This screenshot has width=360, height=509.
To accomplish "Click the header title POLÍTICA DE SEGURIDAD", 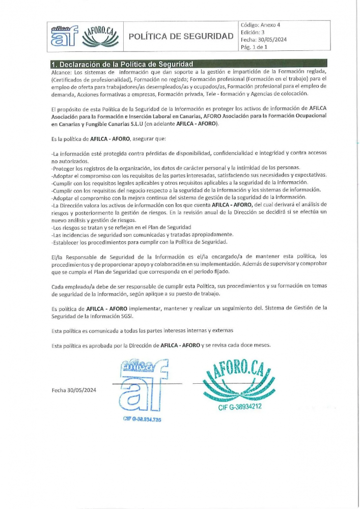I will [x=181, y=36].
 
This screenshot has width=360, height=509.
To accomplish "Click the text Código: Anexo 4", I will [x=260, y=24].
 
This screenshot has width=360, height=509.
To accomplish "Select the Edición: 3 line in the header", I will [x=253, y=32].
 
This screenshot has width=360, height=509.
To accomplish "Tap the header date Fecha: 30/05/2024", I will [x=263, y=40].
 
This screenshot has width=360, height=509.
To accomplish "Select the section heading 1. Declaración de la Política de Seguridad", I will [x=122, y=64].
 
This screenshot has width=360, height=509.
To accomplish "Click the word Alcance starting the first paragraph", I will [x=62, y=72].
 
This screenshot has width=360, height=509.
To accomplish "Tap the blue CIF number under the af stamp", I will [x=142, y=419].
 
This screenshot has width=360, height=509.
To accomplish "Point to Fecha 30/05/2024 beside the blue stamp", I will [x=74, y=390].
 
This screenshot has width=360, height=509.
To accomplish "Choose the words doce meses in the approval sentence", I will [x=256, y=345].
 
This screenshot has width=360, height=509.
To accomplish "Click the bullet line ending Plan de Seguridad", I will [x=122, y=227].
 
